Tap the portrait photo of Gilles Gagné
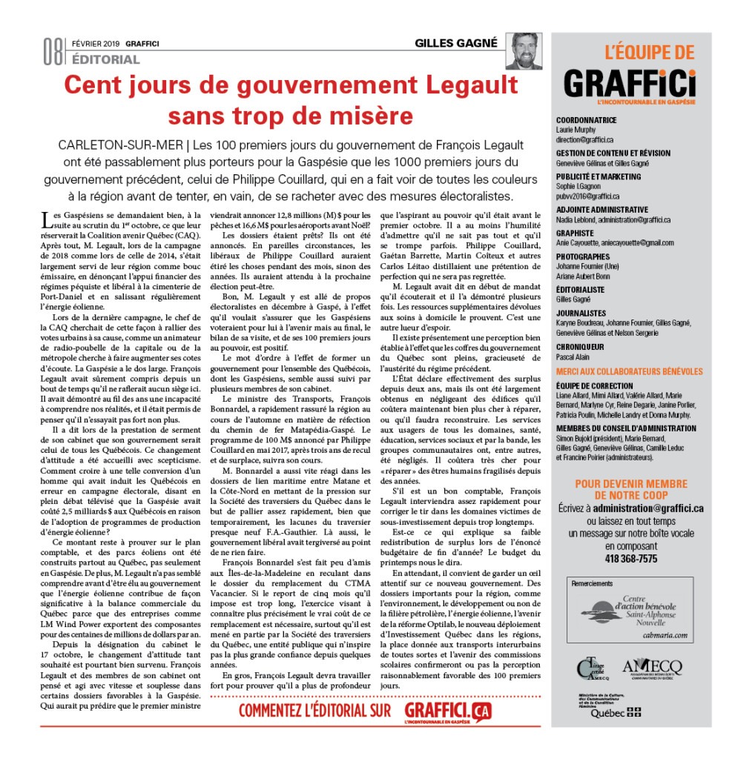[x=524, y=51]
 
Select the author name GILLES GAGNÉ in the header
[x=456, y=43]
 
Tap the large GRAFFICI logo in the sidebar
[x=630, y=83]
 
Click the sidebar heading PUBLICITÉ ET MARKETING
[x=599, y=176]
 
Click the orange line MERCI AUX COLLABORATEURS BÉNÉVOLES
[x=629, y=371]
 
